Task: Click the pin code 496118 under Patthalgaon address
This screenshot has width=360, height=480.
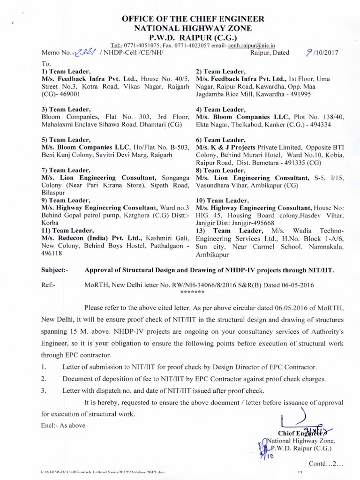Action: point(53,252)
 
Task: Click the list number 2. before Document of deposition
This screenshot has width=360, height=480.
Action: point(44,378)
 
